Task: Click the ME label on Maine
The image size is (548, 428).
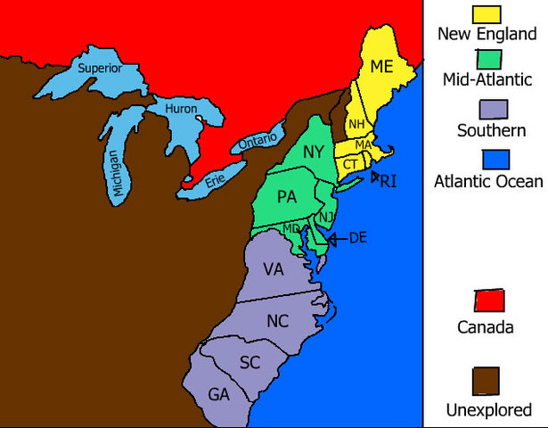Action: click(381, 65)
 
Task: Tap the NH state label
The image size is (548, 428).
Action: click(356, 124)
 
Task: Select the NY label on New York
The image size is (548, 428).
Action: click(313, 152)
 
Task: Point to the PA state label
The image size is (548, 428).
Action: click(287, 196)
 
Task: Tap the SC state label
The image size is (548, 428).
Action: click(249, 362)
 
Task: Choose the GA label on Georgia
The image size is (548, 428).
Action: click(217, 394)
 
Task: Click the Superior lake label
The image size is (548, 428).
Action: click(99, 68)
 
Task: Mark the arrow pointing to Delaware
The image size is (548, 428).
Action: click(335, 238)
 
